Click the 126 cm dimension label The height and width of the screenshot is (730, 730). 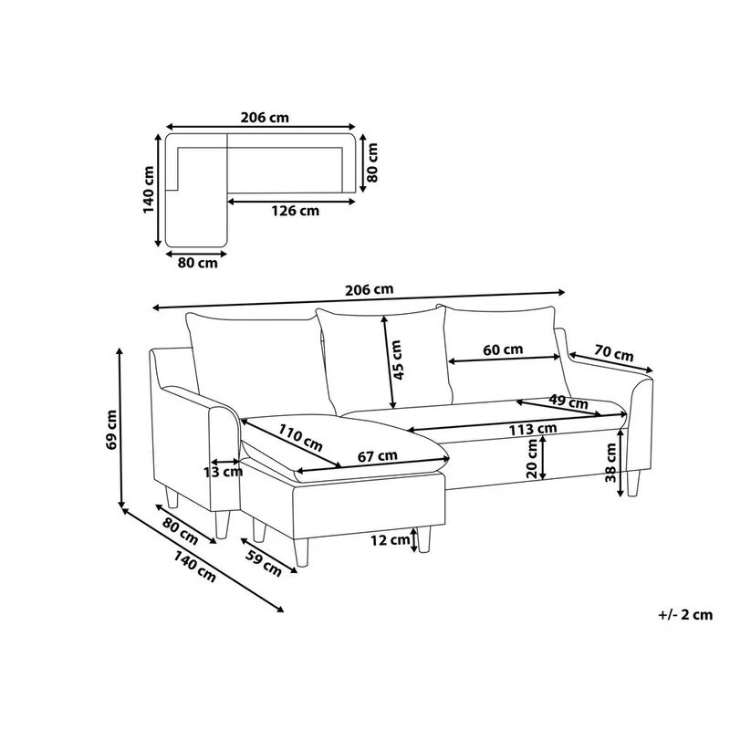[x=296, y=211]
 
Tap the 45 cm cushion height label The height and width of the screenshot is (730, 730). [x=397, y=360]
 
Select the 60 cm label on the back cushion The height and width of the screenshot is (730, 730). [x=503, y=349]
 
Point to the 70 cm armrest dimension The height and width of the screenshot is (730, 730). [x=613, y=353]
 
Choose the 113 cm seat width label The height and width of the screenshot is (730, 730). [x=533, y=429]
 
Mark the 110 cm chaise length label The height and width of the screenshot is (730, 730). [x=300, y=438]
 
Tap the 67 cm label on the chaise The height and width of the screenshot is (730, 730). [x=377, y=455]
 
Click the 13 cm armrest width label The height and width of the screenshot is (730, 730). [x=223, y=472]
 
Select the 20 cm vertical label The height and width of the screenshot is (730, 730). [x=532, y=459]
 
